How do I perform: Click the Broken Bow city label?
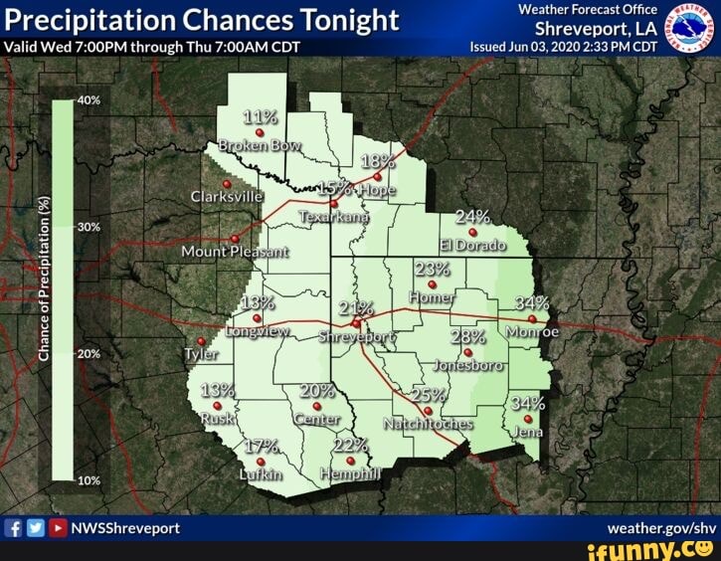pos(259,145)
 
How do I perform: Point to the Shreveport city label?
pos(357,337)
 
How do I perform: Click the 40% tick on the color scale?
pos(90,100)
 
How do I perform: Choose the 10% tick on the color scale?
pos(90,479)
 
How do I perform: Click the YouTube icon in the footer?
pos(59,528)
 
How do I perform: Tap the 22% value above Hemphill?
pos(351,445)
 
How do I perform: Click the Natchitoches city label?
pos(428,424)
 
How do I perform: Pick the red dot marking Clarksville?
pos(227,184)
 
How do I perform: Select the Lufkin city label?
pos(261,475)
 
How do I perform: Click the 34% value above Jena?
pos(527,404)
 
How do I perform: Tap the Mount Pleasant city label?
pos(235,252)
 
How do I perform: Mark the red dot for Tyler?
pos(201,341)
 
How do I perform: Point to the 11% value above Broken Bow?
pos(260,116)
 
